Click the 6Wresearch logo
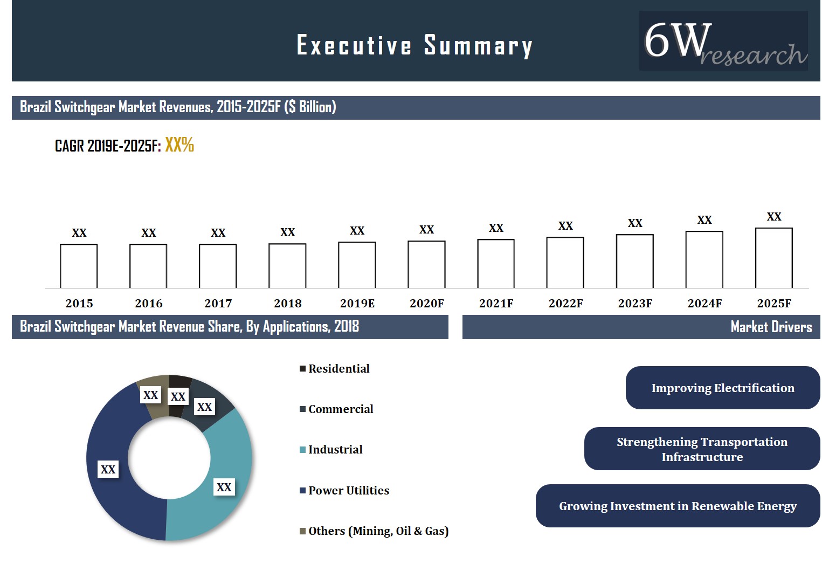[723, 41]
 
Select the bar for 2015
[79, 266]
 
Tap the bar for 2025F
[773, 258]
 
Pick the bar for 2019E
[357, 265]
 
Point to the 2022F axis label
[565, 304]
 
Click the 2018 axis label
[287, 304]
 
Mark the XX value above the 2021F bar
[496, 228]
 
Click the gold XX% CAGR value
[179, 145]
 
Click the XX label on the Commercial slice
[204, 407]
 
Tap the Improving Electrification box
[722, 388]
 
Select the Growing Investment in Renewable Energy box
[678, 506]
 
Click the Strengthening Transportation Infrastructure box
[702, 449]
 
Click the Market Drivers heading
[771, 327]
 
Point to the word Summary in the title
[478, 45]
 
